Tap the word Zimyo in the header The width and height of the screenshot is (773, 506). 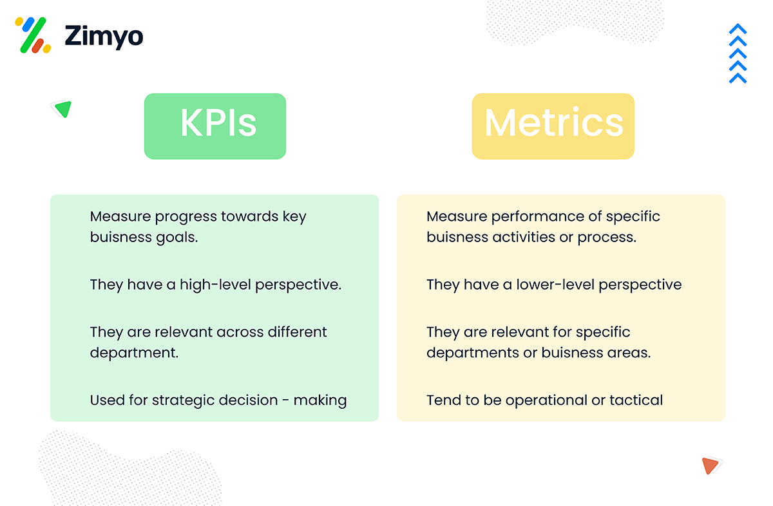click(104, 36)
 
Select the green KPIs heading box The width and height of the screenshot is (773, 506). click(215, 126)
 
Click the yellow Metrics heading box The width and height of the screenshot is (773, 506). click(553, 126)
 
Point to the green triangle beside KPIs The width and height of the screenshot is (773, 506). click(62, 109)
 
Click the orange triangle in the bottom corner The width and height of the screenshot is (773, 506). click(711, 465)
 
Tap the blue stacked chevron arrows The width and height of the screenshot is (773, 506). click(738, 54)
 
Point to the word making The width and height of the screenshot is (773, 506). click(320, 400)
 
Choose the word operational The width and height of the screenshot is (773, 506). click(546, 400)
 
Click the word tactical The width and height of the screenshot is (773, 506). click(636, 400)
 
